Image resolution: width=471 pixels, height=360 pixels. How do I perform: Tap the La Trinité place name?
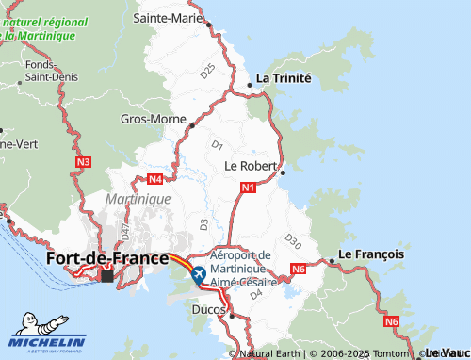point(284,78)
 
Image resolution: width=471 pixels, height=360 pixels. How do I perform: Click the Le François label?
point(371,254)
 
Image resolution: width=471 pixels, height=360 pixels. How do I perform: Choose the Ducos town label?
point(206,308)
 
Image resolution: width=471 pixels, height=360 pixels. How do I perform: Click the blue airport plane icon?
point(198,275)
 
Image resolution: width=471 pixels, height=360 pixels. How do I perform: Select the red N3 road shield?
point(83,162)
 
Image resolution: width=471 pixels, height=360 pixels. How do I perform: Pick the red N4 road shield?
point(155,178)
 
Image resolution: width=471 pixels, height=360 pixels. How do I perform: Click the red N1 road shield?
point(248,188)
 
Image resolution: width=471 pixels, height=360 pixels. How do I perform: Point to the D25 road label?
point(208,69)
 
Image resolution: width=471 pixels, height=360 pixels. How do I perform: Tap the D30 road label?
point(292,241)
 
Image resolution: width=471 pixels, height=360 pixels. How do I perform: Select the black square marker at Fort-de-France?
point(106,276)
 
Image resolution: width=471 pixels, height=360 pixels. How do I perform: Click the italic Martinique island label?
point(138,200)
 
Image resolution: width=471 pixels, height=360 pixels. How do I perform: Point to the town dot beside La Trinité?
point(249,86)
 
